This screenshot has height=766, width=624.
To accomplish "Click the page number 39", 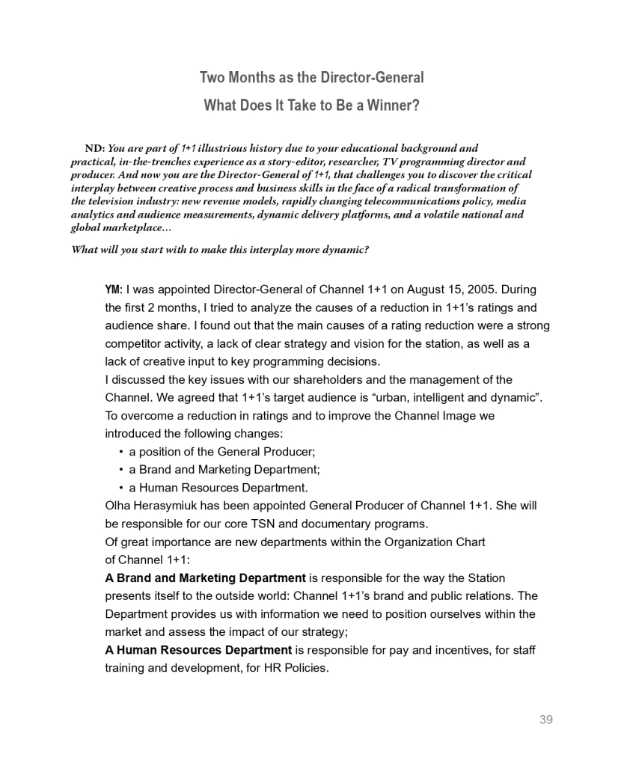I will (545, 720).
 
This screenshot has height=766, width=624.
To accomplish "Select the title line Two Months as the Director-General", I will (311, 78).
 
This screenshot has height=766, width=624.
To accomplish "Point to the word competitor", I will (138, 343).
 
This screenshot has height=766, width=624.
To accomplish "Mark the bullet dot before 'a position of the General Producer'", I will (121, 452).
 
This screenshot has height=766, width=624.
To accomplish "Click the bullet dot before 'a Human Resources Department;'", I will (121, 488).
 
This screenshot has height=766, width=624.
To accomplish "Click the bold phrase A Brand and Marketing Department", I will (205, 577).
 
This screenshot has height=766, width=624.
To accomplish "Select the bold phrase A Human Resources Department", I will (198, 649).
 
